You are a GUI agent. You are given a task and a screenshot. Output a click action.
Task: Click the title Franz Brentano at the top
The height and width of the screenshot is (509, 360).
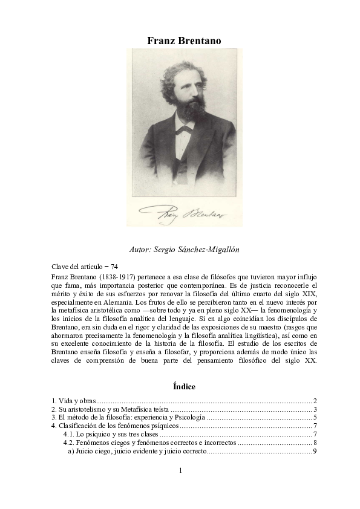point(184,41)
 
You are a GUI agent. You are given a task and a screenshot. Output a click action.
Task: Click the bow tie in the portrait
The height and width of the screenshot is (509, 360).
point(185,129)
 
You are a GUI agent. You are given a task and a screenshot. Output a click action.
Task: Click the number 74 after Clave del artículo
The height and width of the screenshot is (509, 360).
point(114,266)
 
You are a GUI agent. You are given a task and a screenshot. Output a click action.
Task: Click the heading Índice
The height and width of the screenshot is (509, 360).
point(183,386)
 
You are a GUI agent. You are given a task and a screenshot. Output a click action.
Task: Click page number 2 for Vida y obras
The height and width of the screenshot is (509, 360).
point(315,401)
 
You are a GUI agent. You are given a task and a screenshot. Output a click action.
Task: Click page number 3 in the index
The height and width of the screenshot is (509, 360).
point(315,409)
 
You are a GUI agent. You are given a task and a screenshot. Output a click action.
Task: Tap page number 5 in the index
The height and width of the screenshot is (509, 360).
point(315,418)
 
